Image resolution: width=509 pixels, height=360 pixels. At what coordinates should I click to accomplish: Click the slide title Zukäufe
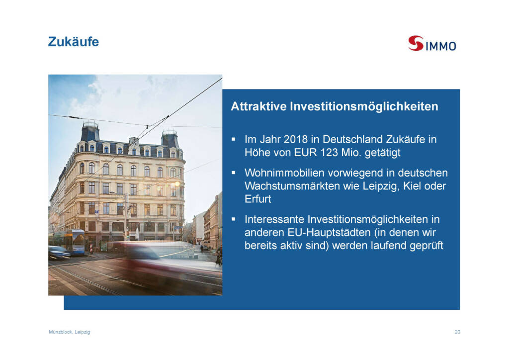(74, 42)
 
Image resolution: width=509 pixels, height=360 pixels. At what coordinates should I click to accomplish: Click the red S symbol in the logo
(416, 43)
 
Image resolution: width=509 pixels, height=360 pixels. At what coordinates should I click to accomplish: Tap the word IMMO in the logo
(440, 46)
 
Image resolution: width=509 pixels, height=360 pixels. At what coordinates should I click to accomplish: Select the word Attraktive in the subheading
(258, 106)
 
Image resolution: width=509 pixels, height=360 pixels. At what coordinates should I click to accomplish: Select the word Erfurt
(258, 199)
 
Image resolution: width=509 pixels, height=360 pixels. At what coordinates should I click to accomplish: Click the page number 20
(457, 332)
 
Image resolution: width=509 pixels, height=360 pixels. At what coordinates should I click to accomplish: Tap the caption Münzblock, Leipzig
(70, 332)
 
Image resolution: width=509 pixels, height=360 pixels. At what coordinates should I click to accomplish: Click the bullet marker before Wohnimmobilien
(234, 173)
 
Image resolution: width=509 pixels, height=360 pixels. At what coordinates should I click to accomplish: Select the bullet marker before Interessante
(234, 219)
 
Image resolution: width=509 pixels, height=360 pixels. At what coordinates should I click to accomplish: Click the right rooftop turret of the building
(170, 139)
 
